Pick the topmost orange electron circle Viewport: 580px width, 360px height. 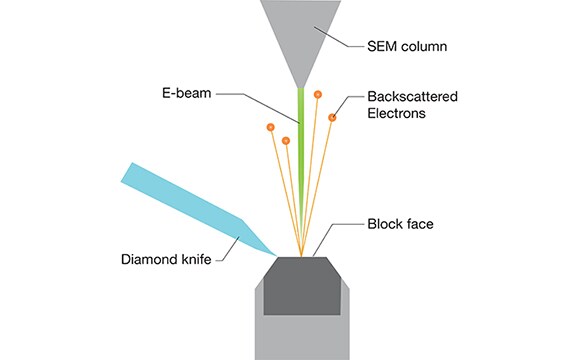[x=317, y=95]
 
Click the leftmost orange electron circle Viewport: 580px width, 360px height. [x=270, y=127]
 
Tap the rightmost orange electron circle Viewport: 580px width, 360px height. [x=333, y=118]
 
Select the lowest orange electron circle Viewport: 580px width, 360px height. [x=286, y=140]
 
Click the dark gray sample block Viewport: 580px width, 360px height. [x=301, y=286]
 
